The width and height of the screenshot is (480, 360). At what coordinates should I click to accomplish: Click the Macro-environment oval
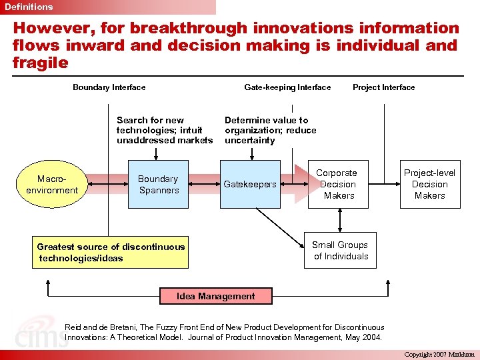pos(52,185)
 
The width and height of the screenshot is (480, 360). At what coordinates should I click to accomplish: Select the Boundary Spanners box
pos(158,185)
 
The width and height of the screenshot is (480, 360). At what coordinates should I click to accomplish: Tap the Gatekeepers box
pos(249,185)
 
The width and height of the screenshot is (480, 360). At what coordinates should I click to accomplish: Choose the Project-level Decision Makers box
pos(429,185)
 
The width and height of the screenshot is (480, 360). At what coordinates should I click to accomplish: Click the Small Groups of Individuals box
pos(340,251)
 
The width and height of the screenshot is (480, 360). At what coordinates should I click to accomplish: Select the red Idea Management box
pos(215,296)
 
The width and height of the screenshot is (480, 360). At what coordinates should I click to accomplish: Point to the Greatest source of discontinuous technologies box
pos(111,252)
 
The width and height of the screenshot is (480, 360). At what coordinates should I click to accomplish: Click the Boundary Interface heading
pos(109,87)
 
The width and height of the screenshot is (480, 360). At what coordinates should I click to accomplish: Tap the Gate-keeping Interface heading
pos(287,87)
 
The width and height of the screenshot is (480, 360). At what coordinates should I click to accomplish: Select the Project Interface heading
pos(383,87)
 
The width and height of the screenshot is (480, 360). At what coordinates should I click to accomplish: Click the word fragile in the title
pos(40,63)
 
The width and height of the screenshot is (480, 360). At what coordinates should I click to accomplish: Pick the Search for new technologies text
pos(164,130)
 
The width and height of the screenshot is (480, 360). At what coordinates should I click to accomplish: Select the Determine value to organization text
pos(270,130)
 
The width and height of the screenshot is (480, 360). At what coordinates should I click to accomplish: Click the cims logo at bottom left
pos(40,337)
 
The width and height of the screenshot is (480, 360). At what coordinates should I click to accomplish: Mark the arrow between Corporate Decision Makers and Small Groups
pos(340,220)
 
